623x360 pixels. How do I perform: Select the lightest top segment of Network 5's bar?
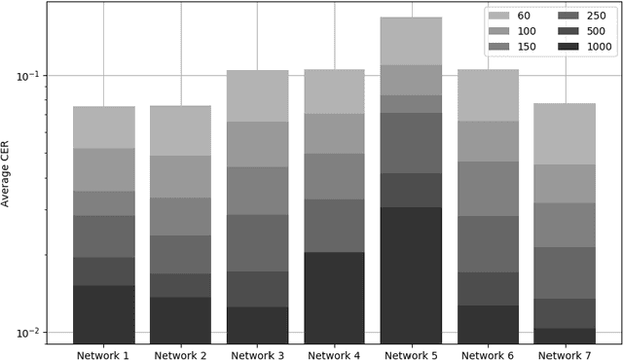(411, 41)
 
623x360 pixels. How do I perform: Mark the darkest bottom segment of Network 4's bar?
(334, 297)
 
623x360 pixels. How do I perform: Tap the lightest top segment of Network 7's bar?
(565, 133)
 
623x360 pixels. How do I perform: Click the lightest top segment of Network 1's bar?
(103, 127)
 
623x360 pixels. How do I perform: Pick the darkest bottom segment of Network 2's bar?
(180, 319)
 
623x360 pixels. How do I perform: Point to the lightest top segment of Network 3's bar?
(257, 95)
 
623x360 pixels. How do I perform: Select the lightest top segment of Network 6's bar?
(488, 94)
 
